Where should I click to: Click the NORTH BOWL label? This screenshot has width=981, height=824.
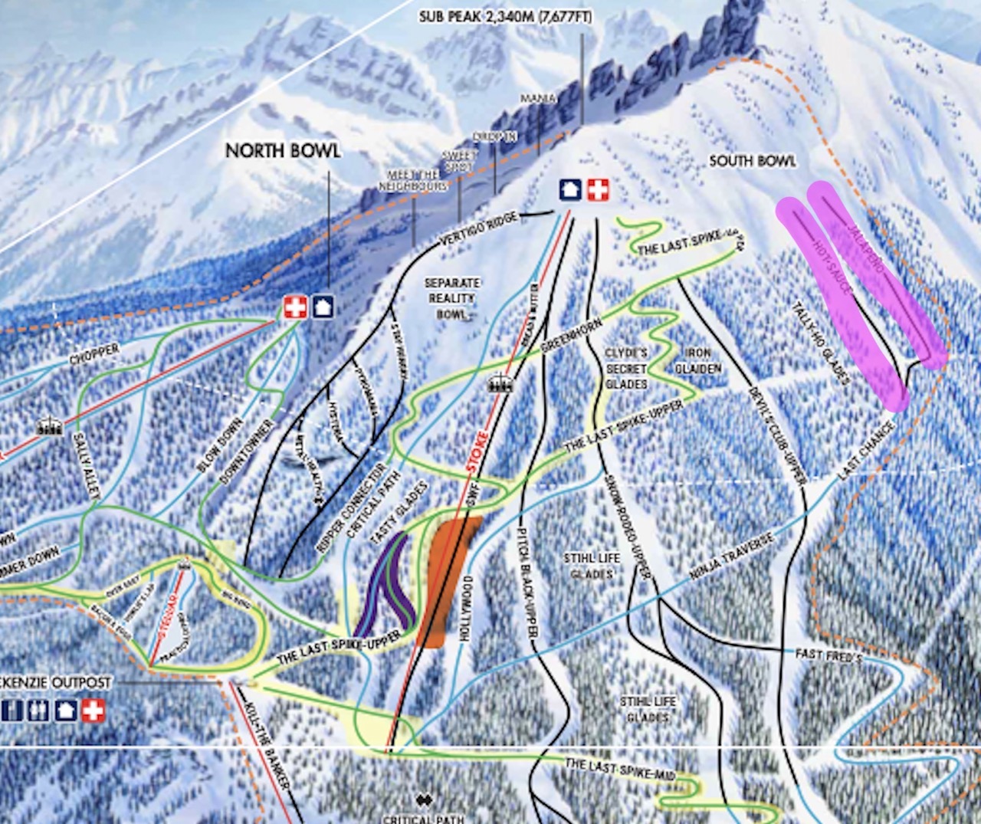(x=283, y=150)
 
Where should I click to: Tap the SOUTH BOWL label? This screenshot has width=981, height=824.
(x=752, y=161)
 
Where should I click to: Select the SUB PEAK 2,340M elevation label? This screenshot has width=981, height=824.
(x=505, y=17)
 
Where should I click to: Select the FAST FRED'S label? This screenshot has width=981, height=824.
(x=828, y=656)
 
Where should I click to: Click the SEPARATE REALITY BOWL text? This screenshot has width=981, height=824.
(x=452, y=298)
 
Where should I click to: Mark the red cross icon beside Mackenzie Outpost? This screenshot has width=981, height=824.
(x=94, y=711)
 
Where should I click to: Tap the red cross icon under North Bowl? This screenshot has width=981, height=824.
(x=295, y=307)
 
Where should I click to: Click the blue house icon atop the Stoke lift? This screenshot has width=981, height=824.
(x=569, y=189)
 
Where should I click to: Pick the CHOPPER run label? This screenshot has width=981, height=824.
(x=94, y=355)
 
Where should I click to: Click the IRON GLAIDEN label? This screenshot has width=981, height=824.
(x=697, y=360)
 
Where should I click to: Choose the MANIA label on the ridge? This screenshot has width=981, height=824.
(x=537, y=99)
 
